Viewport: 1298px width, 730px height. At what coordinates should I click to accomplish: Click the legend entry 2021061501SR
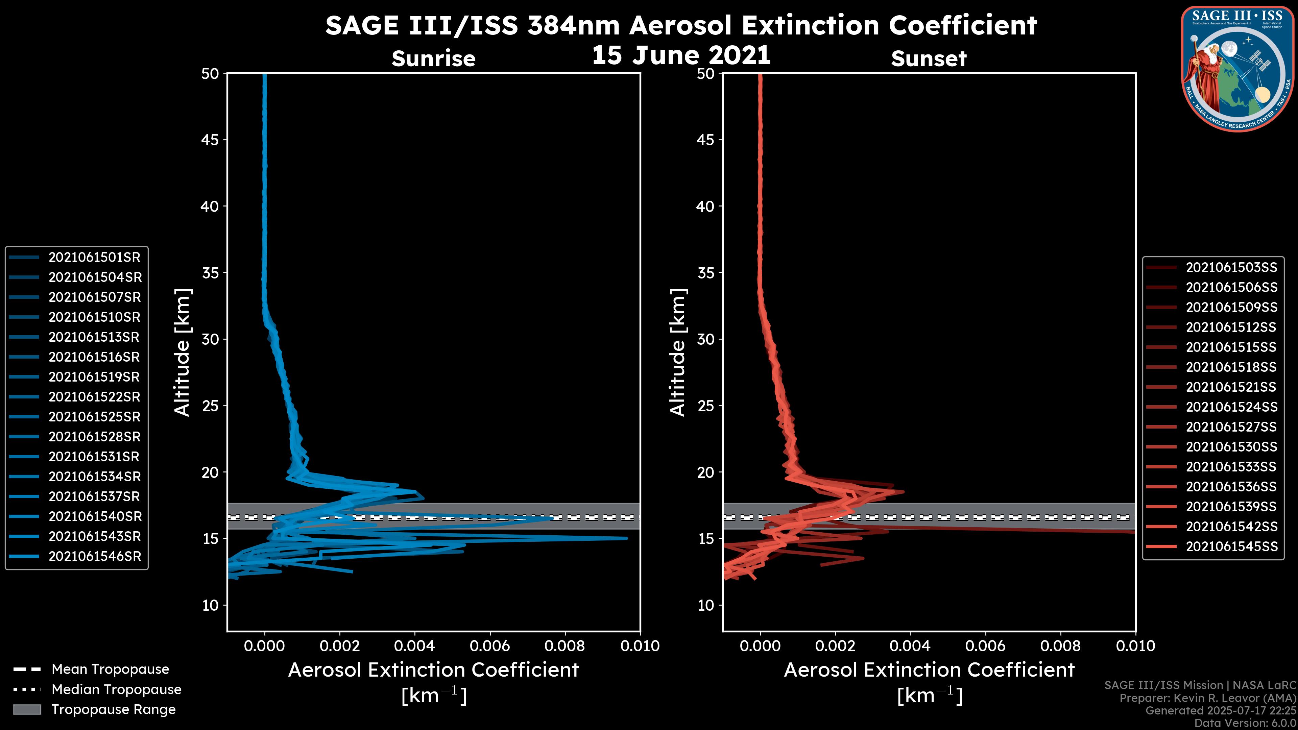(x=94, y=258)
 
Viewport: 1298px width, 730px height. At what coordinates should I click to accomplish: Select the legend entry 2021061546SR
(x=95, y=557)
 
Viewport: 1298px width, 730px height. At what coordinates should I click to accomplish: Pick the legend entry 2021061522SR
(x=94, y=397)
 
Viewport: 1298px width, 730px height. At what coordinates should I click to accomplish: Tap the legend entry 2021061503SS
(x=1231, y=268)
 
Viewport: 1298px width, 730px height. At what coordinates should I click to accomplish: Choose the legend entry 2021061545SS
(x=1231, y=546)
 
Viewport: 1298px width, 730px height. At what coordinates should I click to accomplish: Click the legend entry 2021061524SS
(x=1231, y=407)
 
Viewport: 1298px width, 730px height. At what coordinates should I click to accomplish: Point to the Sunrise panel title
(x=433, y=59)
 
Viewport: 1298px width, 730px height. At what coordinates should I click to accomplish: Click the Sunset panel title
(x=929, y=59)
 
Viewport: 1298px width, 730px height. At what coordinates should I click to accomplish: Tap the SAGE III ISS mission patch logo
(x=1237, y=69)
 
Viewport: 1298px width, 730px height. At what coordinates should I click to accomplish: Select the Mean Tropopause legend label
(x=110, y=670)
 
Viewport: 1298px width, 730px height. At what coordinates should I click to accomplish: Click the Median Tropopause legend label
(x=116, y=690)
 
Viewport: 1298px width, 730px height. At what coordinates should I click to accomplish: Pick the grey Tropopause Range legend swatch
(x=27, y=710)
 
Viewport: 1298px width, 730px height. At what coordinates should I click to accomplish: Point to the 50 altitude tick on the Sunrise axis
(x=211, y=74)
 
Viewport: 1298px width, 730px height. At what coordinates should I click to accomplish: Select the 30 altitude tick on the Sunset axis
(x=706, y=340)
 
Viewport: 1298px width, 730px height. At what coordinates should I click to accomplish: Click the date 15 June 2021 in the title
(x=681, y=55)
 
